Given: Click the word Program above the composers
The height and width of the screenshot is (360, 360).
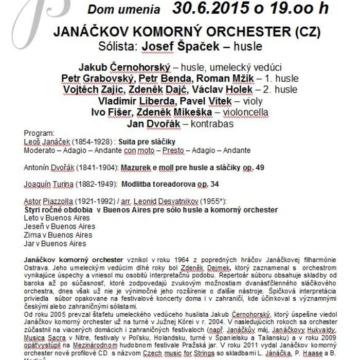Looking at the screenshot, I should tap(39, 133).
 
